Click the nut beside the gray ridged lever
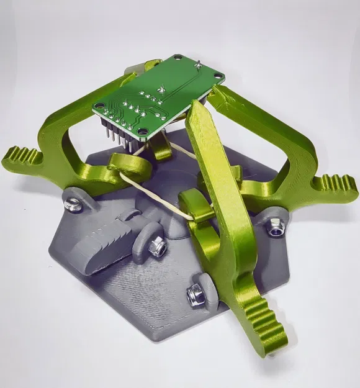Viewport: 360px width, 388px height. pyautogui.click(x=157, y=247)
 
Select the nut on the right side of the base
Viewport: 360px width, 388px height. pyautogui.click(x=274, y=228)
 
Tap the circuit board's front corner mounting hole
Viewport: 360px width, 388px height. pyautogui.click(x=145, y=132)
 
